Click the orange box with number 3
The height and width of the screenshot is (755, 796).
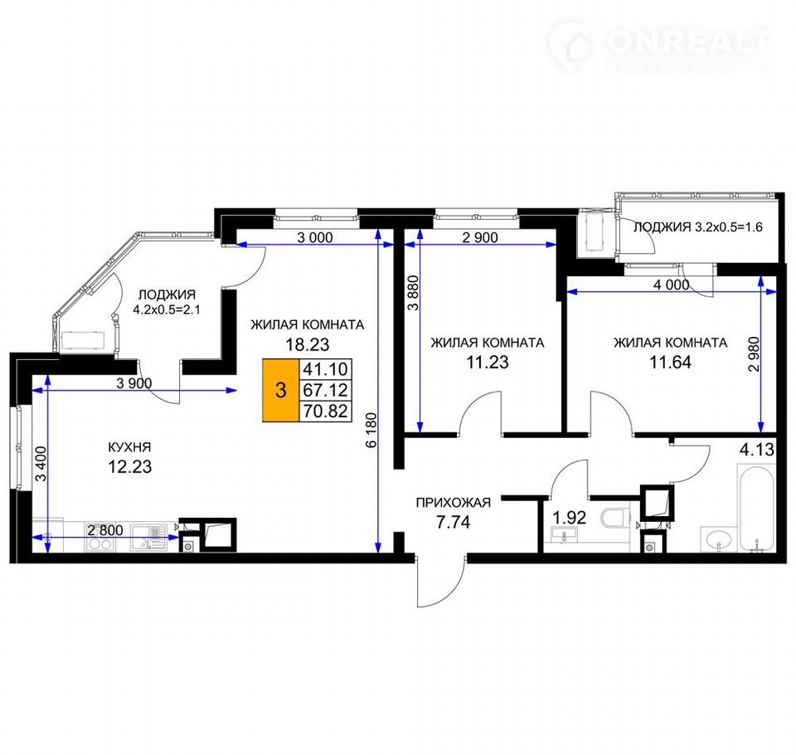[x=281, y=390]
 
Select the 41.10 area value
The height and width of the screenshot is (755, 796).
[x=325, y=369]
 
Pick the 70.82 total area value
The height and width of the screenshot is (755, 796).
[x=325, y=411]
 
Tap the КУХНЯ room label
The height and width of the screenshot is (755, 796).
[x=129, y=447]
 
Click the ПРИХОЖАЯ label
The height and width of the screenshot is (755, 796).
[x=454, y=503]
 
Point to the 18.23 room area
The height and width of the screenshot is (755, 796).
[x=307, y=344]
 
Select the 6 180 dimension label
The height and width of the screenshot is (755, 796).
[x=372, y=431]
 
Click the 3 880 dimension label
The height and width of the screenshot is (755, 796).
[x=415, y=293]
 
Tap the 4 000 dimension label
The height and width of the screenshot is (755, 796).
[x=671, y=285]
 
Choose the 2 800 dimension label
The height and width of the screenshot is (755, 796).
[x=105, y=530]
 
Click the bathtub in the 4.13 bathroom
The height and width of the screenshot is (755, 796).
[x=756, y=507]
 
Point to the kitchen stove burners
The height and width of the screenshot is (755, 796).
[x=99, y=543]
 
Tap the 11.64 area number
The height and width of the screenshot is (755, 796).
[x=670, y=363]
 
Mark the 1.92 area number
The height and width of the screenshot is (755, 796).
[x=569, y=518]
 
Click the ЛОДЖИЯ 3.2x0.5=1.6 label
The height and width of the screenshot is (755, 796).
[x=698, y=227]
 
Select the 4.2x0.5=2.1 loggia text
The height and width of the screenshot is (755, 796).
[x=167, y=309]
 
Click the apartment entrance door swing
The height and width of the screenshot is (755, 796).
[x=440, y=582]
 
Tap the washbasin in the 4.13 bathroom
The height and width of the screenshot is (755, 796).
[x=718, y=538]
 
